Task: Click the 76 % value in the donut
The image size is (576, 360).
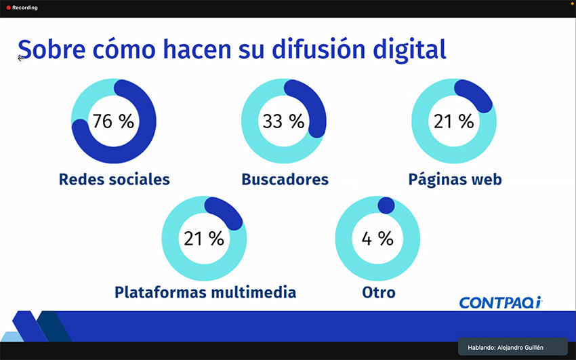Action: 113,121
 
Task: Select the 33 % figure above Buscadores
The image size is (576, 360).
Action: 283,121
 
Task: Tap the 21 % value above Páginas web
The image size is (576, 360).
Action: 453,121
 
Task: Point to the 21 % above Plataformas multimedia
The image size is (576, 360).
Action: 204,239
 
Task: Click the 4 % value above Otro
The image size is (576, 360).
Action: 377,239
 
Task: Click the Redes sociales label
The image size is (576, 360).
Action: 115,179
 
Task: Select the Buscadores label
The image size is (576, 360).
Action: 285,179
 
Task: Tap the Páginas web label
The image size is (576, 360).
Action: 455,180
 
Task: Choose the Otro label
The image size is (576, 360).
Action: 379,292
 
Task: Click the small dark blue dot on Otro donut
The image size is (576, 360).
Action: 386,205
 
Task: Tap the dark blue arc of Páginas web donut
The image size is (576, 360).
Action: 476,94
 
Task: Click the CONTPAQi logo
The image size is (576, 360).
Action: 501,302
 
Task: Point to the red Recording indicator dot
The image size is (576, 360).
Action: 8,7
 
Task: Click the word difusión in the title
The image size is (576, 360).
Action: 318,49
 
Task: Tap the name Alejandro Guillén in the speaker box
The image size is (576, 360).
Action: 520,348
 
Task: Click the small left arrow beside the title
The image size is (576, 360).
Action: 20,58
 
